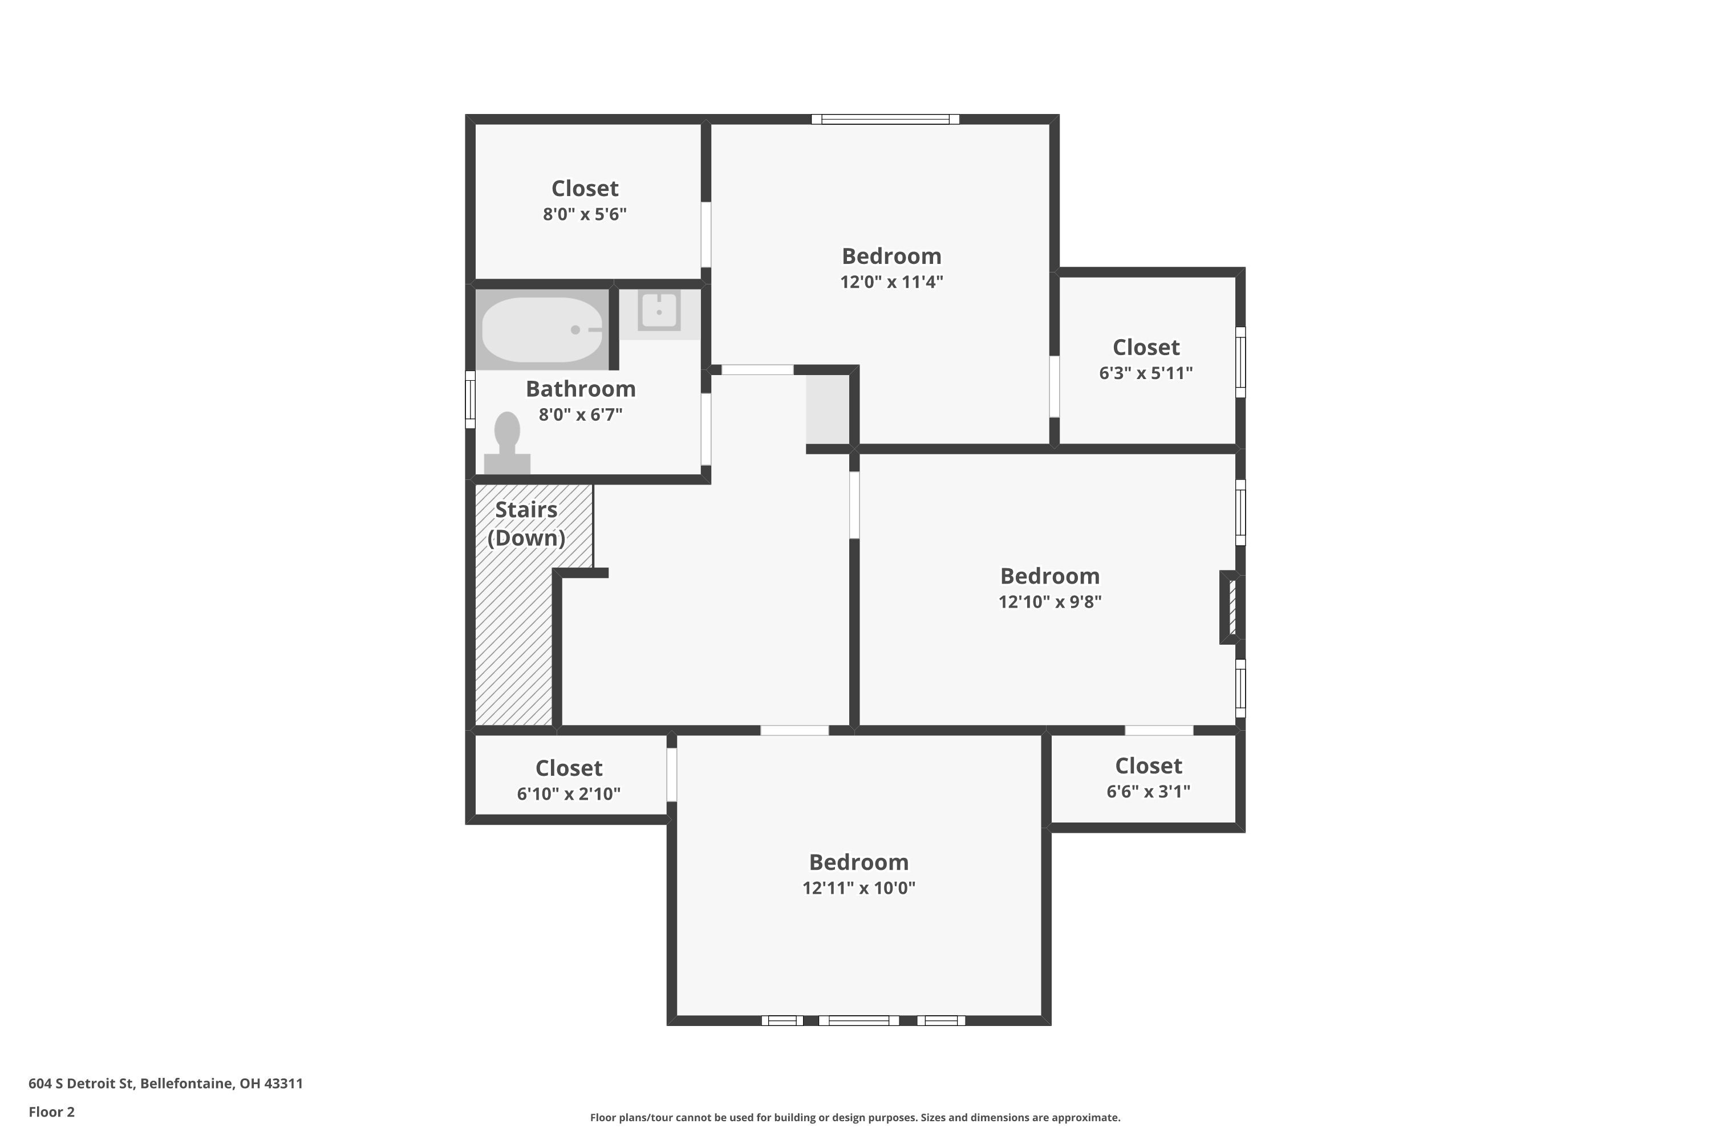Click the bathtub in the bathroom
[x=543, y=329]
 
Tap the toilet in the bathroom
[x=507, y=443]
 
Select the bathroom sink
[x=659, y=311]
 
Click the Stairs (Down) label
[x=526, y=523]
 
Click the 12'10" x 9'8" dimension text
[x=1050, y=602]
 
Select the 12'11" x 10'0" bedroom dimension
[x=858, y=887]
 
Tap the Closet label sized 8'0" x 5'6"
[x=585, y=188]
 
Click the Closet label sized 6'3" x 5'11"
[x=1146, y=348]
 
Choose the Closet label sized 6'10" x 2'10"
[x=569, y=768]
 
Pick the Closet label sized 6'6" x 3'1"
[x=1149, y=766]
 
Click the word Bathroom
[x=581, y=389]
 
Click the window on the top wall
[x=885, y=119]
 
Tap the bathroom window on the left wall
[x=470, y=399]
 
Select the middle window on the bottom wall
[x=858, y=1021]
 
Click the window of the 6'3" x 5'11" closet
[x=1240, y=362]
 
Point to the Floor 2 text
[x=52, y=1111]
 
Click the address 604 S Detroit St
[x=82, y=1084]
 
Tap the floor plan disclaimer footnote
[x=855, y=1117]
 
